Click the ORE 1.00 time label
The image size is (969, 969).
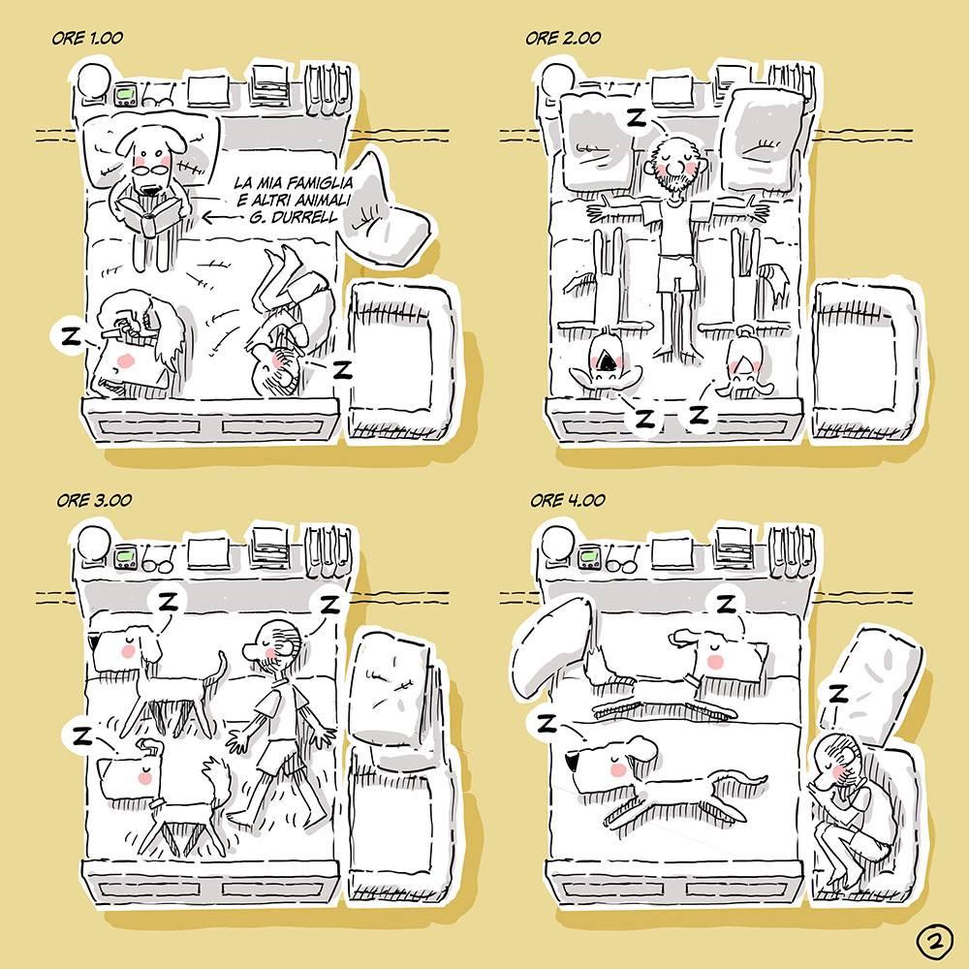point(87,38)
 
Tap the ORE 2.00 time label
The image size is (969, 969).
point(563,38)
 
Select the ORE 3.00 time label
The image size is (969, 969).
point(94,500)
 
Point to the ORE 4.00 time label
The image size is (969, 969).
point(567,500)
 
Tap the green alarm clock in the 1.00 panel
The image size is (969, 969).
point(126,95)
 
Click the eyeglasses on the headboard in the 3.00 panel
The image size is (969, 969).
point(158,561)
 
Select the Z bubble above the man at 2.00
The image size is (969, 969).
point(635,117)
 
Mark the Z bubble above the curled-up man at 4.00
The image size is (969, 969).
point(837,695)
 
